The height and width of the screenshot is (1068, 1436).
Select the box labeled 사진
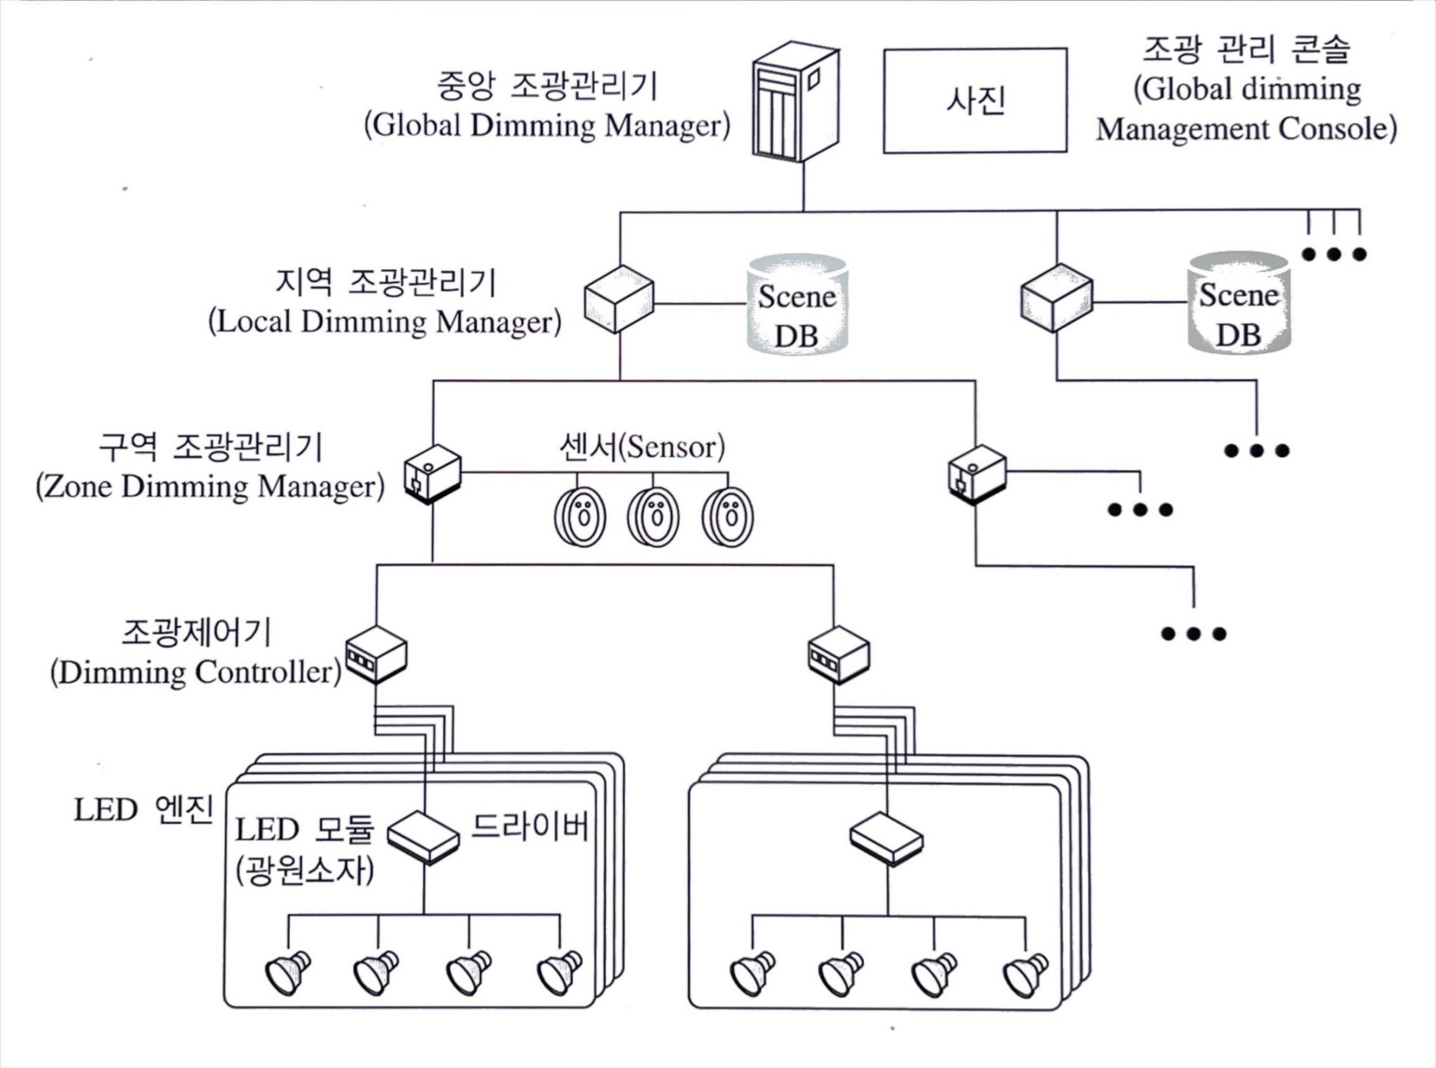pos(975,101)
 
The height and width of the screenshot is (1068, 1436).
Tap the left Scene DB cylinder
pos(797,305)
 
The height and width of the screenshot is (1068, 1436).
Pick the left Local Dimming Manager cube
pos(618,299)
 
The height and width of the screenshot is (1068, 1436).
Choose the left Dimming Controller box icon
pos(376,654)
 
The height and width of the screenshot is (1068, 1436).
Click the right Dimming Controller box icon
pos(838,654)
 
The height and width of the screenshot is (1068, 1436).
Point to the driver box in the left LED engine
pos(424,836)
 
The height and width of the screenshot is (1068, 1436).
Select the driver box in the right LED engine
pos(886,837)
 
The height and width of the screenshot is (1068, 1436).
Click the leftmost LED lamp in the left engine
pos(288,972)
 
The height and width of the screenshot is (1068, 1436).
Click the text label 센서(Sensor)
pos(641,447)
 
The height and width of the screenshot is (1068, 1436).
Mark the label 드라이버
pos(529,826)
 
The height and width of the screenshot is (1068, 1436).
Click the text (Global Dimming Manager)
pos(547,125)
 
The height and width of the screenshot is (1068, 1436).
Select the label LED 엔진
pos(144,809)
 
